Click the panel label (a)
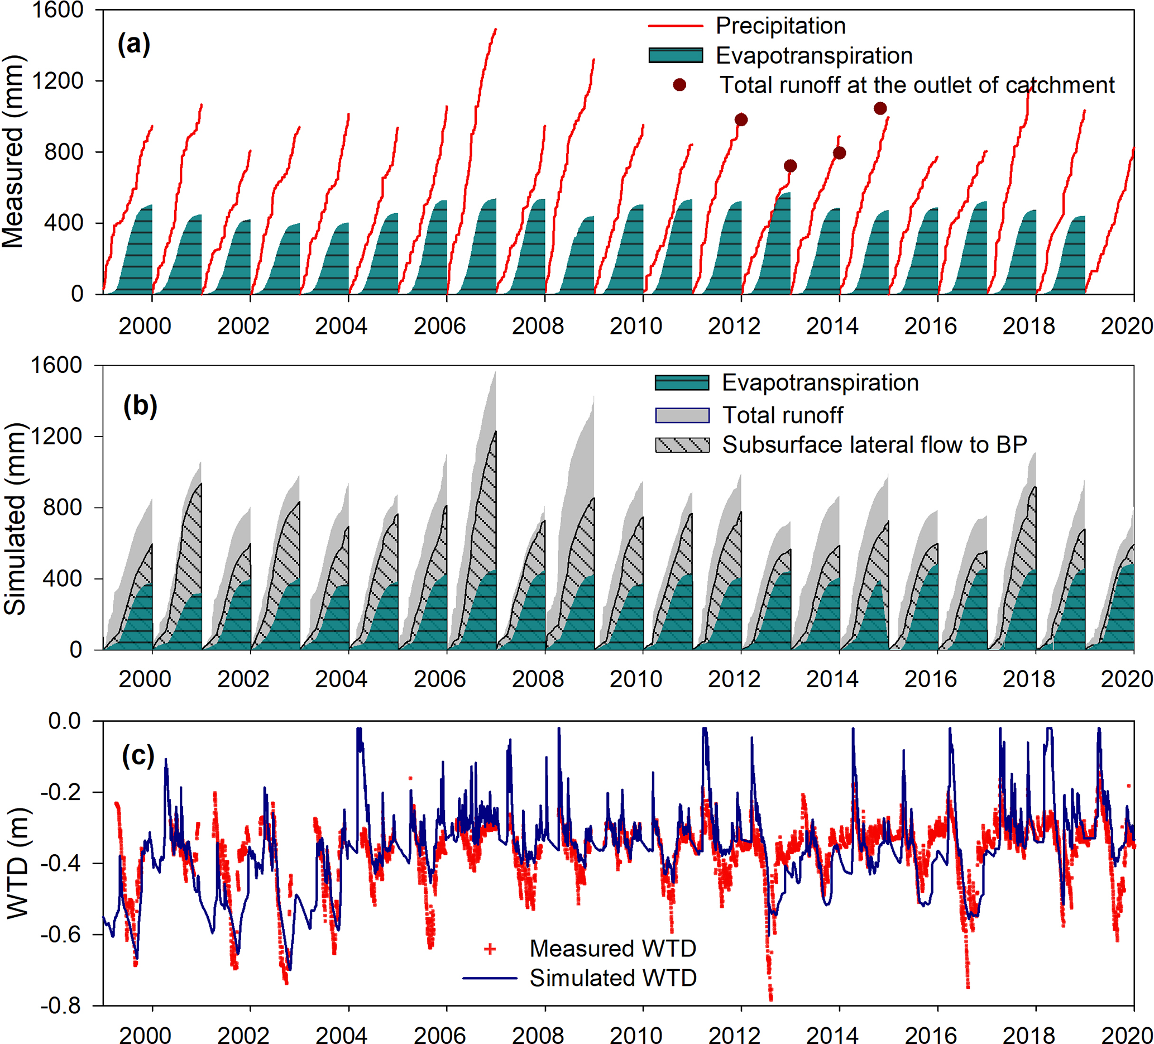(x=134, y=44)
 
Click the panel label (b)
(x=140, y=406)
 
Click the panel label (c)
(x=138, y=756)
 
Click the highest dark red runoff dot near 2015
(x=880, y=108)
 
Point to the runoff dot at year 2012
(x=741, y=119)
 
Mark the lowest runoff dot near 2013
(x=791, y=166)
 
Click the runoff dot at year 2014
(x=839, y=153)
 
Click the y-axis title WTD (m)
(x=17, y=863)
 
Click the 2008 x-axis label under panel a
(x=538, y=326)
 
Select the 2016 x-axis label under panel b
(x=930, y=679)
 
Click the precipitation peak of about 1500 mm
(x=495, y=29)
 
